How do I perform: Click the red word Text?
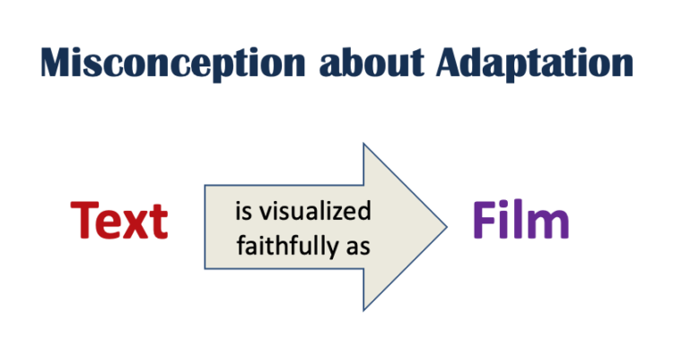119,220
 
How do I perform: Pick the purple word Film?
520,220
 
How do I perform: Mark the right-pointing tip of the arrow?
446,227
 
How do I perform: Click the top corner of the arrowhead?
363,144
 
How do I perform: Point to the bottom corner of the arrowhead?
363,311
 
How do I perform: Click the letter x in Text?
136,224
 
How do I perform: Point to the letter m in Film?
549,225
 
